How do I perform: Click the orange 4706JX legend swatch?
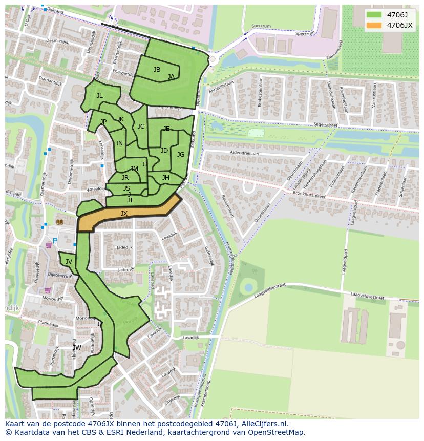tap(374, 25)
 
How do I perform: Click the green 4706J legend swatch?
tap(374, 15)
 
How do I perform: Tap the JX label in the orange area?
tap(124, 214)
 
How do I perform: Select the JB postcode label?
tap(157, 70)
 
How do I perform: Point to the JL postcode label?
tap(99, 96)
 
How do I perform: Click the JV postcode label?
tap(69, 262)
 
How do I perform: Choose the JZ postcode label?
tap(100, 324)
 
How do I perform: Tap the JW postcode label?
tap(77, 348)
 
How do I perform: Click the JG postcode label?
tap(181, 155)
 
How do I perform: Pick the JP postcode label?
tap(103, 122)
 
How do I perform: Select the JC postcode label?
tap(141, 127)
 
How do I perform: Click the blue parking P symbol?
tap(55, 241)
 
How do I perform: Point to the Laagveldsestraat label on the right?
tap(367, 297)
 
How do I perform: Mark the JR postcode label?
tap(125, 178)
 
